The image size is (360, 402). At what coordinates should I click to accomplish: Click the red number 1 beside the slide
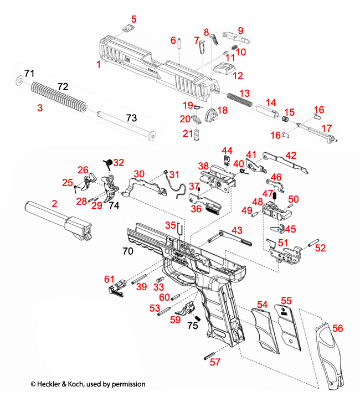(x=99, y=65)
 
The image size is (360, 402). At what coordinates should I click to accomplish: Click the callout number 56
(x=337, y=328)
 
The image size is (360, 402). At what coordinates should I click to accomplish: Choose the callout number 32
(x=119, y=162)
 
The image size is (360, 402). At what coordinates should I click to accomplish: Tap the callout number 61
(x=109, y=279)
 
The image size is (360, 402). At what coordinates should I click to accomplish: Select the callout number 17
(x=327, y=128)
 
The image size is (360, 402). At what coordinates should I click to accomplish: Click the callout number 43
(x=236, y=230)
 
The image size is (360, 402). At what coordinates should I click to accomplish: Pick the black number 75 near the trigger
(x=192, y=326)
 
